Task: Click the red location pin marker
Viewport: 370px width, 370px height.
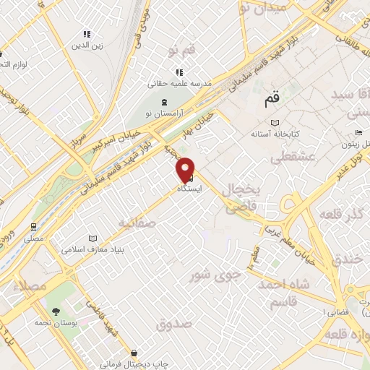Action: pyautogui.click(x=186, y=168)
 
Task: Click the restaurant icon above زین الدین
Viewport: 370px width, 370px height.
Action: pyautogui.click(x=87, y=34)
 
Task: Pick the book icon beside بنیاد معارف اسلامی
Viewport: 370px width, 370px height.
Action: pyautogui.click(x=92, y=238)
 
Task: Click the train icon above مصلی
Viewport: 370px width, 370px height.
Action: pyautogui.click(x=34, y=226)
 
